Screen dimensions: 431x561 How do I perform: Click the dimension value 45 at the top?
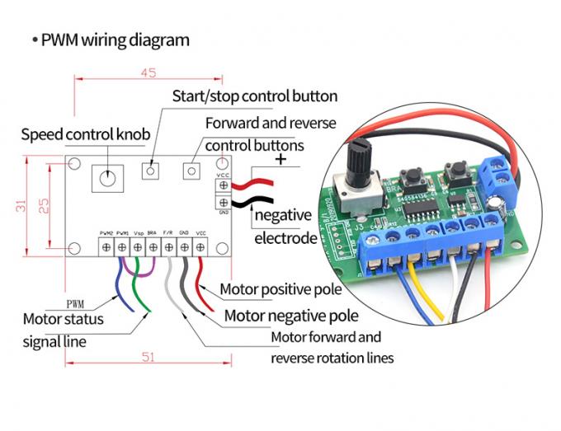pos(148,73)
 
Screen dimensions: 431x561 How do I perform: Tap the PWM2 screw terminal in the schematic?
pos(106,246)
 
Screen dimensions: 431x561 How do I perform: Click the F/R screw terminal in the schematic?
pos(168,246)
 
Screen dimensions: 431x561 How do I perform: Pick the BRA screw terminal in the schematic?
pos(153,246)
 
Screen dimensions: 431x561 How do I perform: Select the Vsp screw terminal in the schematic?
pos(138,246)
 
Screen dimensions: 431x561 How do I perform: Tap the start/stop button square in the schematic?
pos(152,171)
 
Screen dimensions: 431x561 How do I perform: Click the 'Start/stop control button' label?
pos(254,96)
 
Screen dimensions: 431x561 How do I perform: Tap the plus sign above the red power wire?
pos(282,160)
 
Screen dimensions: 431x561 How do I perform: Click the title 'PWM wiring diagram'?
pos(115,40)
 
